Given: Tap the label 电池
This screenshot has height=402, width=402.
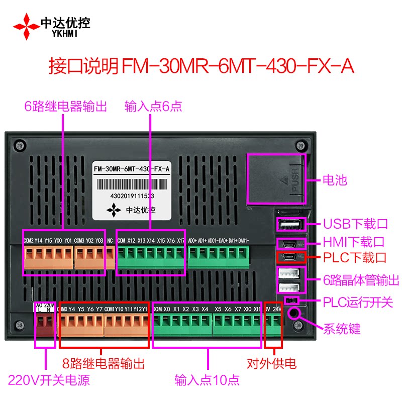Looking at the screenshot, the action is tap(335, 180).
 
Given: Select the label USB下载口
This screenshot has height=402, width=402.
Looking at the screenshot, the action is tap(355, 224).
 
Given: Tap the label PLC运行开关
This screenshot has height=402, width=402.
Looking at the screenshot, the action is tap(357, 303).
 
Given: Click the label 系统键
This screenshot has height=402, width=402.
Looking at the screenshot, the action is tap(342, 330).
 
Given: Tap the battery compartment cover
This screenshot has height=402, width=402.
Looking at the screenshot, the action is tap(276, 179).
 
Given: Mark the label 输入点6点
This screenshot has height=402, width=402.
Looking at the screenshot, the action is tap(153, 106).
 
